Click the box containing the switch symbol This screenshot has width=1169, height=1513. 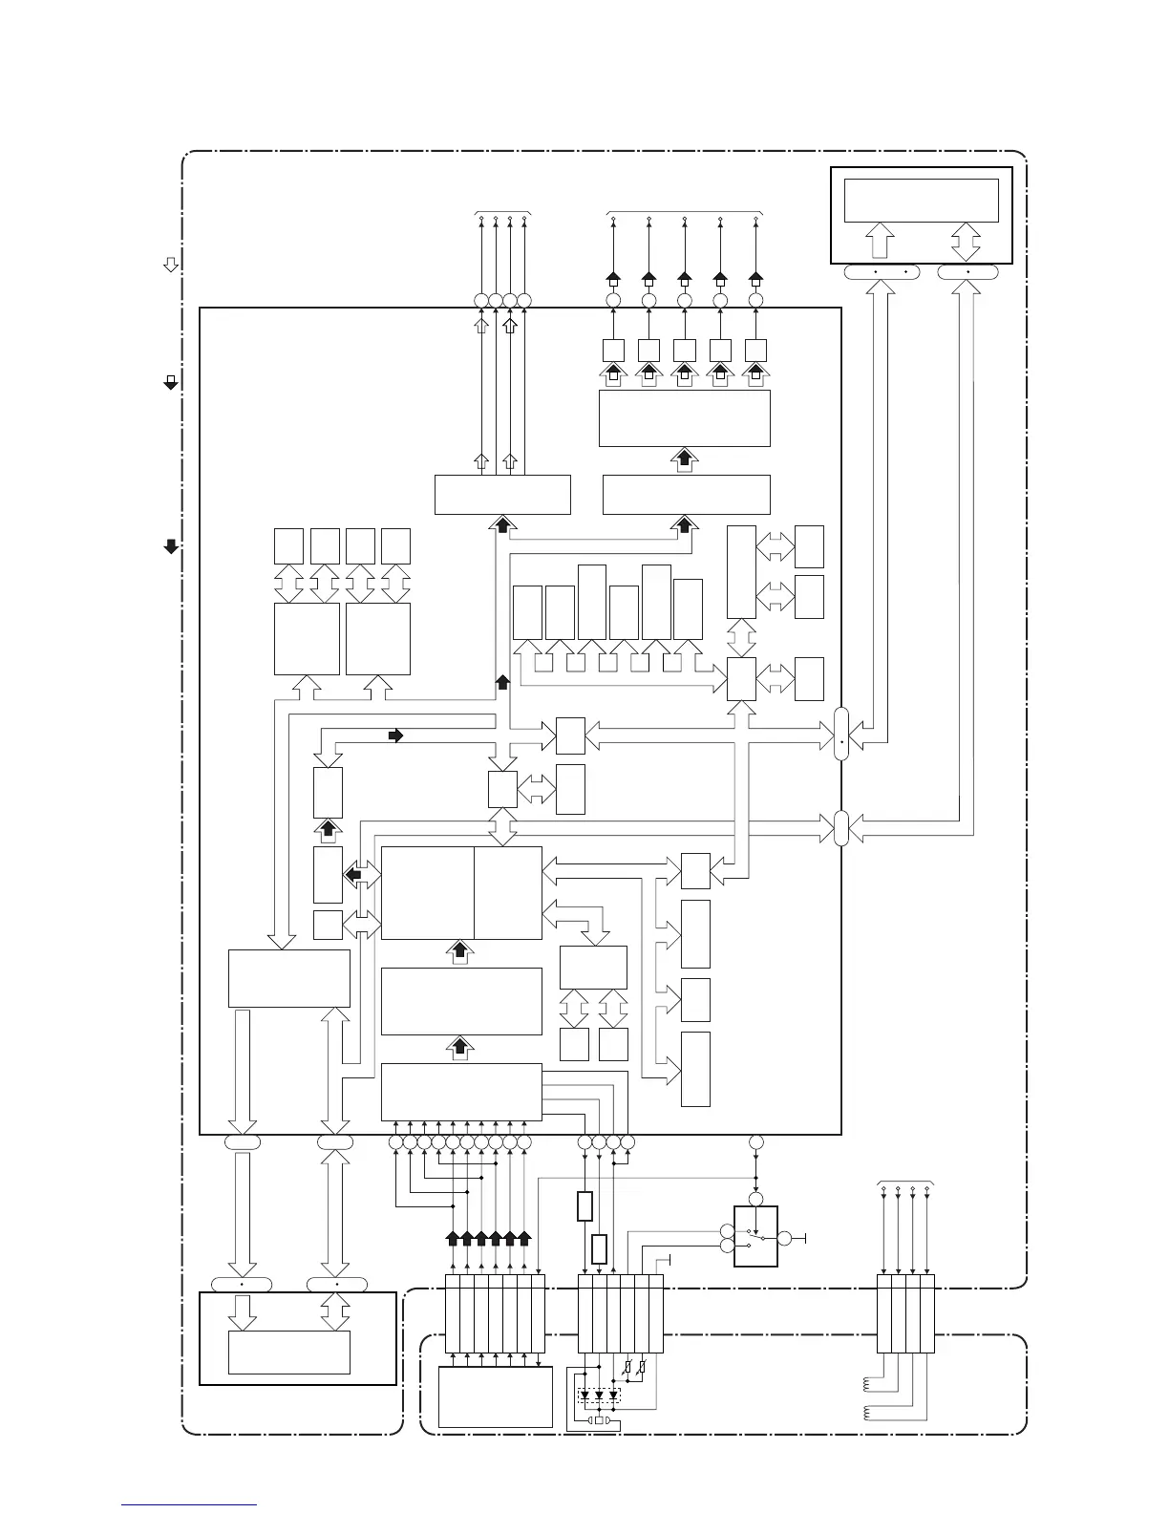(x=755, y=1237)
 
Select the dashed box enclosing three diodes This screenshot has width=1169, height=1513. (x=599, y=1396)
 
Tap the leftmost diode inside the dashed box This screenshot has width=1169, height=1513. (x=584, y=1396)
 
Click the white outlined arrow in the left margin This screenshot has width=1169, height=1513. (x=171, y=265)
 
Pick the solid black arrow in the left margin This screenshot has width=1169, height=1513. (x=171, y=546)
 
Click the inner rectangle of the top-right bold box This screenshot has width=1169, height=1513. (x=922, y=201)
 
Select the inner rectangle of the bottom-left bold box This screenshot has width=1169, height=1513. (x=288, y=1353)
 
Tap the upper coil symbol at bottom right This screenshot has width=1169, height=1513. (x=868, y=1382)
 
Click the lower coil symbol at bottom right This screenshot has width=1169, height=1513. (x=868, y=1413)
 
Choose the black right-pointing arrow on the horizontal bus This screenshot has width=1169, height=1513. (x=396, y=735)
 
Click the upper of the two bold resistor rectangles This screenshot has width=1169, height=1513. (x=585, y=1206)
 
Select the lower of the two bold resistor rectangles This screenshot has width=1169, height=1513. (x=600, y=1249)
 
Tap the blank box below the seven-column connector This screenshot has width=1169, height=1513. (x=495, y=1396)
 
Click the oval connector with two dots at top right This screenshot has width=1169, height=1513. (x=882, y=272)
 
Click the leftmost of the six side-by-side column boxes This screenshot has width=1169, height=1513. (x=527, y=612)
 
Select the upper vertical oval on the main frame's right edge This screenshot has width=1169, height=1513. (x=841, y=735)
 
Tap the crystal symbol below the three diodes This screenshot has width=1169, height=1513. (x=600, y=1420)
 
